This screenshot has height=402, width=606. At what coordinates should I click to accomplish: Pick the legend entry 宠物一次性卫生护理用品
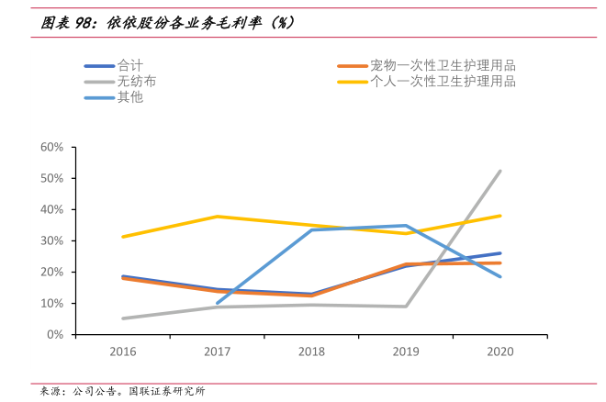tap(442, 65)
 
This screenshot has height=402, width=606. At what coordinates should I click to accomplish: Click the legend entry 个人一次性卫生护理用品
tap(442, 81)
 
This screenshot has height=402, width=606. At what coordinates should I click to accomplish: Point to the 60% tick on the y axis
tap(51, 147)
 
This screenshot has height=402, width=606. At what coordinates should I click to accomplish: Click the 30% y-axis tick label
tap(51, 240)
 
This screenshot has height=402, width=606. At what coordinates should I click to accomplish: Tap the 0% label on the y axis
tap(54, 334)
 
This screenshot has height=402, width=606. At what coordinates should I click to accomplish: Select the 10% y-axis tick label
tap(51, 303)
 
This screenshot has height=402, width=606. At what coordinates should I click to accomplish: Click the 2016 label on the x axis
tap(122, 352)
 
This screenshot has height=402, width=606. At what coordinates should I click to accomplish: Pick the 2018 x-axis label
tap(311, 352)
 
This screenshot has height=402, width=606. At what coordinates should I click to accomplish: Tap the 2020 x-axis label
tap(499, 352)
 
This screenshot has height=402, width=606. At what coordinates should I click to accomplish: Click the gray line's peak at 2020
tap(499, 171)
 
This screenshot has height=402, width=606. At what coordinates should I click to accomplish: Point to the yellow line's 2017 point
tap(217, 217)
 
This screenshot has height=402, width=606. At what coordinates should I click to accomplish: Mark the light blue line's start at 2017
tap(217, 303)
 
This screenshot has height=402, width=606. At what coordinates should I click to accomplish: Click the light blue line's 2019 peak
tap(405, 225)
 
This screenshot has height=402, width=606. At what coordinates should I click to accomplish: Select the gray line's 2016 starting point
tap(122, 318)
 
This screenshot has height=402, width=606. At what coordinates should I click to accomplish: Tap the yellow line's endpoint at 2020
tap(499, 216)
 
